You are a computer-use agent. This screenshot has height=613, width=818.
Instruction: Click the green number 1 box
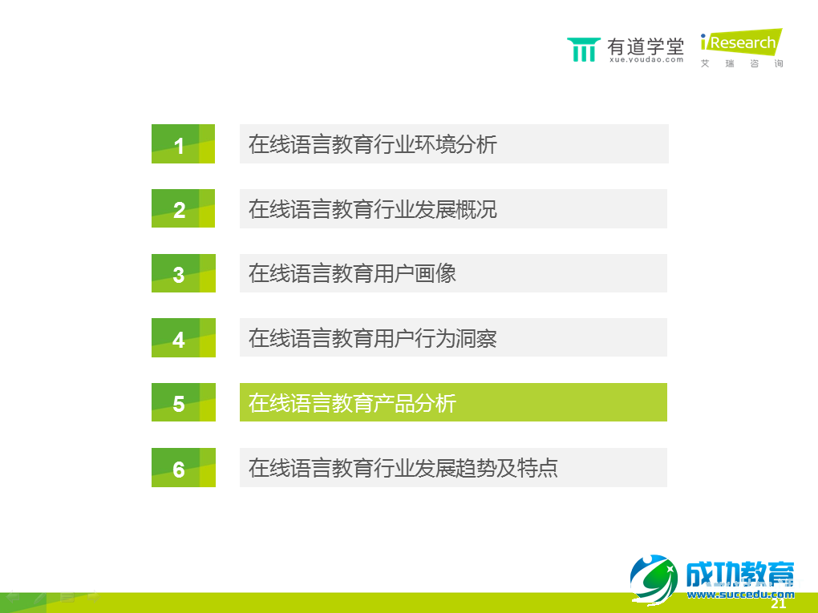pyautogui.click(x=183, y=144)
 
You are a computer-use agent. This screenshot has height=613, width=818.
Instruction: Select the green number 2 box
pyautogui.click(x=183, y=208)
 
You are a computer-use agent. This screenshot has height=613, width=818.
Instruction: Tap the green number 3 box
pyautogui.click(x=183, y=273)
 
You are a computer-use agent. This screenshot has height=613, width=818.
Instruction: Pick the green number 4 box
pyautogui.click(x=183, y=337)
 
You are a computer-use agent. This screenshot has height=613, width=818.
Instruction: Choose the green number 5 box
pyautogui.click(x=183, y=402)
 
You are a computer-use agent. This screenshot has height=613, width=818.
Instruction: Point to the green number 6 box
pyautogui.click(x=183, y=467)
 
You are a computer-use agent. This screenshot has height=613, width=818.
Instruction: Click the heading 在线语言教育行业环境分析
pyautogui.click(x=373, y=144)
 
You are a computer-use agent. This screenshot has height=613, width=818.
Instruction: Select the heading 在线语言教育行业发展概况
pyautogui.click(x=373, y=208)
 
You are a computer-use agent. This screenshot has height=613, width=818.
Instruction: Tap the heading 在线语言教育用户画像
pyautogui.click(x=352, y=273)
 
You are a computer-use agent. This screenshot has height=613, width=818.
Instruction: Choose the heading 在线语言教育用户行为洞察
pyautogui.click(x=373, y=337)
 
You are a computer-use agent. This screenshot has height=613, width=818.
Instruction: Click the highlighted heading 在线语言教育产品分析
pyautogui.click(x=352, y=402)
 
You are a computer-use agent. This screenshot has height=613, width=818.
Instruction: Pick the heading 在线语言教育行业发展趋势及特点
pyautogui.click(x=403, y=467)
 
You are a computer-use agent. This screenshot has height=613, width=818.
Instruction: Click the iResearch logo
pyautogui.click(x=740, y=43)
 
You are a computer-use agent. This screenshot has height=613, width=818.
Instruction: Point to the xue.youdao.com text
pyautogui.click(x=646, y=59)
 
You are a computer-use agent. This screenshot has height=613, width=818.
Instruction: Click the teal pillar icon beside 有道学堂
pyautogui.click(x=583, y=50)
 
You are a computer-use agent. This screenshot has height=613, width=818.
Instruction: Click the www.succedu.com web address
pyautogui.click(x=740, y=595)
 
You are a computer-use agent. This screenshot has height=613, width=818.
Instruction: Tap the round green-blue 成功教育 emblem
pyautogui.click(x=654, y=579)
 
